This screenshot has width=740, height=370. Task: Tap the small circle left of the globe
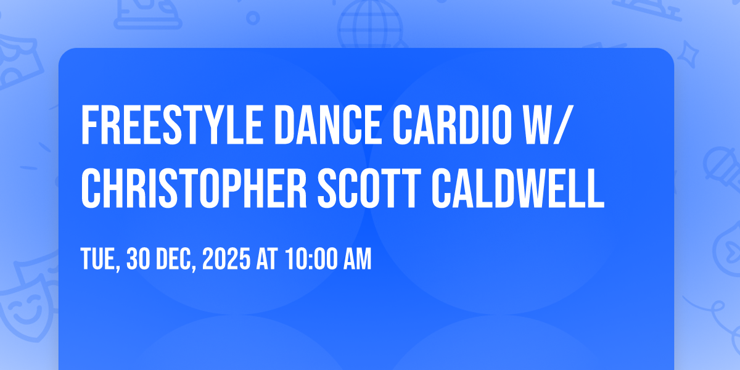tap(253, 17)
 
